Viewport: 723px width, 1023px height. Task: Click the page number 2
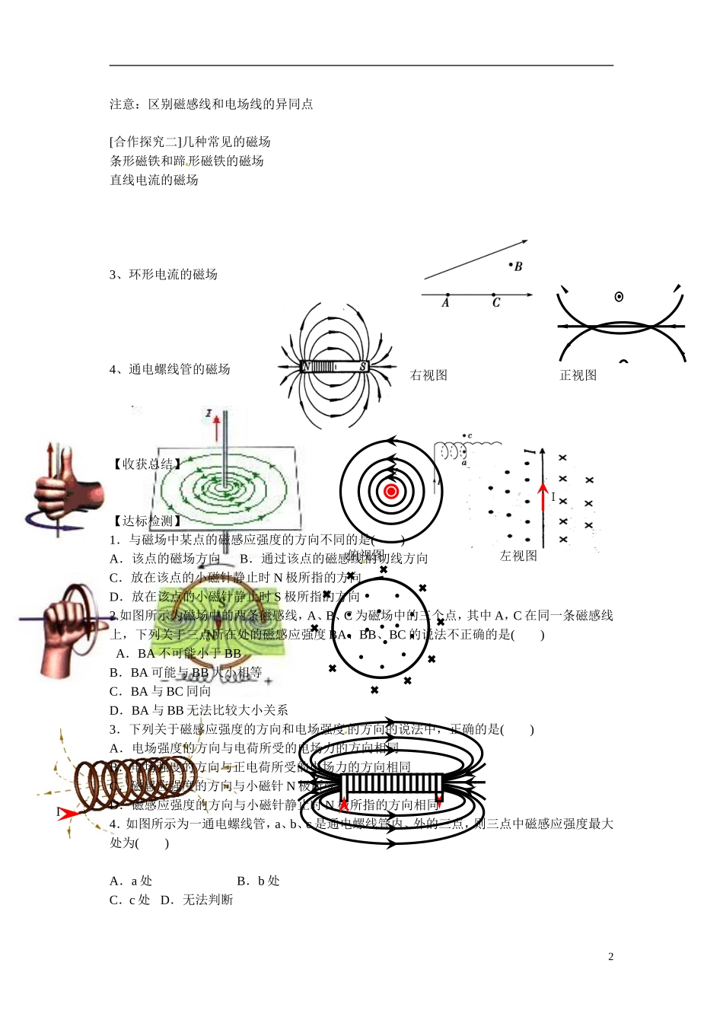point(610,957)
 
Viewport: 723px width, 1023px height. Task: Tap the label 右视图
point(428,375)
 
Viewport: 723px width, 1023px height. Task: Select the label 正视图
point(578,375)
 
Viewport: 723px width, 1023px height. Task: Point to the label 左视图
point(518,556)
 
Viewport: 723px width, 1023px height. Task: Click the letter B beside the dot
point(518,267)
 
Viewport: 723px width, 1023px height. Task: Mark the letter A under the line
point(445,303)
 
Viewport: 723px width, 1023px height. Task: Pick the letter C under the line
point(496,303)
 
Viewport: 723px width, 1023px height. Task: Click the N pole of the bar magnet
point(306,367)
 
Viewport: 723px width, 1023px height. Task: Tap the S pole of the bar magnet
point(363,367)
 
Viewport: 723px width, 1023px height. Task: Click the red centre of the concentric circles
point(391,492)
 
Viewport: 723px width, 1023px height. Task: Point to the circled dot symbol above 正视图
point(619,297)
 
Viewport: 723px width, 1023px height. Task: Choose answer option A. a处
point(131,881)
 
